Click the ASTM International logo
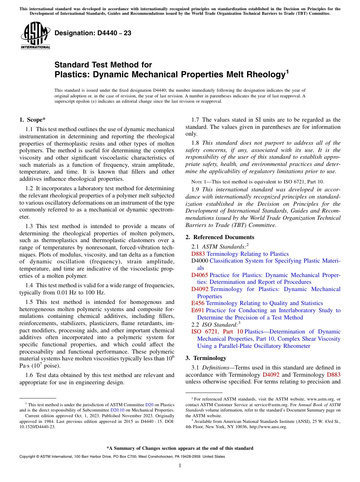coord(35,36)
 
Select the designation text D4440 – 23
coord(93,33)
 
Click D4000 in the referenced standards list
coord(200,261)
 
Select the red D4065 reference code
coord(200,275)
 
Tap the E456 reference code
coord(198,303)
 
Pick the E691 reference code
coord(198,310)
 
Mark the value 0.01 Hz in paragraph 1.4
coord(67,293)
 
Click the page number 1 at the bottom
coord(180,465)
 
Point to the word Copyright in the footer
coord(28,457)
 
